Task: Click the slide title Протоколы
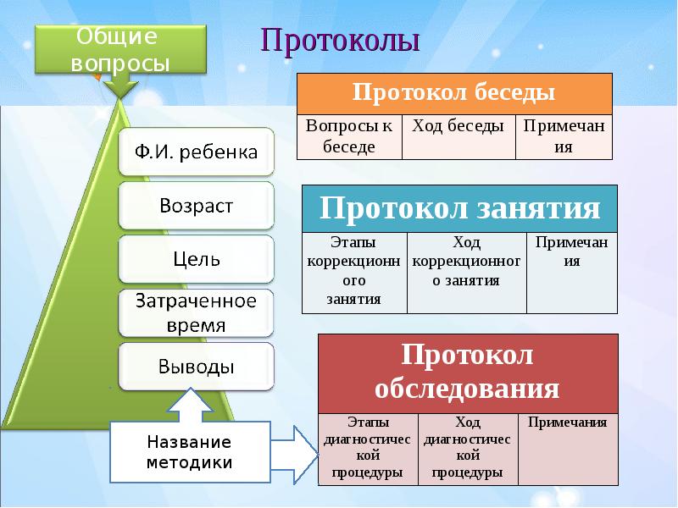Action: point(340,41)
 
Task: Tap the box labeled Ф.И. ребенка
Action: point(197,153)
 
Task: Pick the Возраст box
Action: point(197,206)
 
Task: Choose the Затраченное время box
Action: point(197,313)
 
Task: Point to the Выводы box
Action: point(197,367)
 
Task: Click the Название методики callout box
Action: point(188,452)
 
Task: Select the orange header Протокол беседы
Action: point(454,93)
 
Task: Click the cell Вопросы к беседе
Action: point(349,136)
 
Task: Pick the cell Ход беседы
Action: point(458,136)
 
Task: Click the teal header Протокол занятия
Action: point(460,208)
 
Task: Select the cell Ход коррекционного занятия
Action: point(466,271)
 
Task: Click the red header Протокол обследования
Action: point(467,373)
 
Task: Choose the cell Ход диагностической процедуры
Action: point(468,448)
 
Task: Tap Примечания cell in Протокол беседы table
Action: point(564,136)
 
